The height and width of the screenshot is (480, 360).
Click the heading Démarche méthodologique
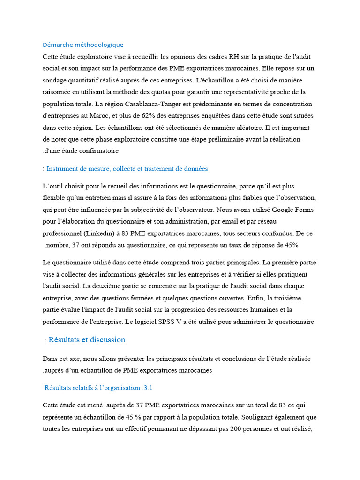(x=83, y=45)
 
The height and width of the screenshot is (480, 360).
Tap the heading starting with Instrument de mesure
(x=127, y=168)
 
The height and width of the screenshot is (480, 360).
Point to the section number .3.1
(x=147, y=388)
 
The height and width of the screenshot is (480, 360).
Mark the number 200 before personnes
(x=239, y=428)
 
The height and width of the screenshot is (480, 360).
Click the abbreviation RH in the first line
(x=233, y=56)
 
